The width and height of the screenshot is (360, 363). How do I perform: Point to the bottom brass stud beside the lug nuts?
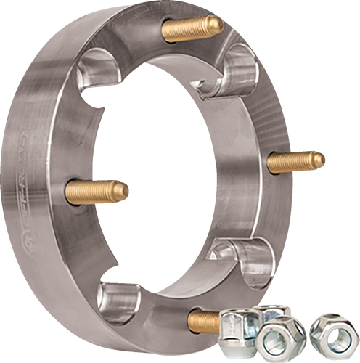tap(207, 318)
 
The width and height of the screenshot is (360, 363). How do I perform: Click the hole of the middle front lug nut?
tap(277, 338)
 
